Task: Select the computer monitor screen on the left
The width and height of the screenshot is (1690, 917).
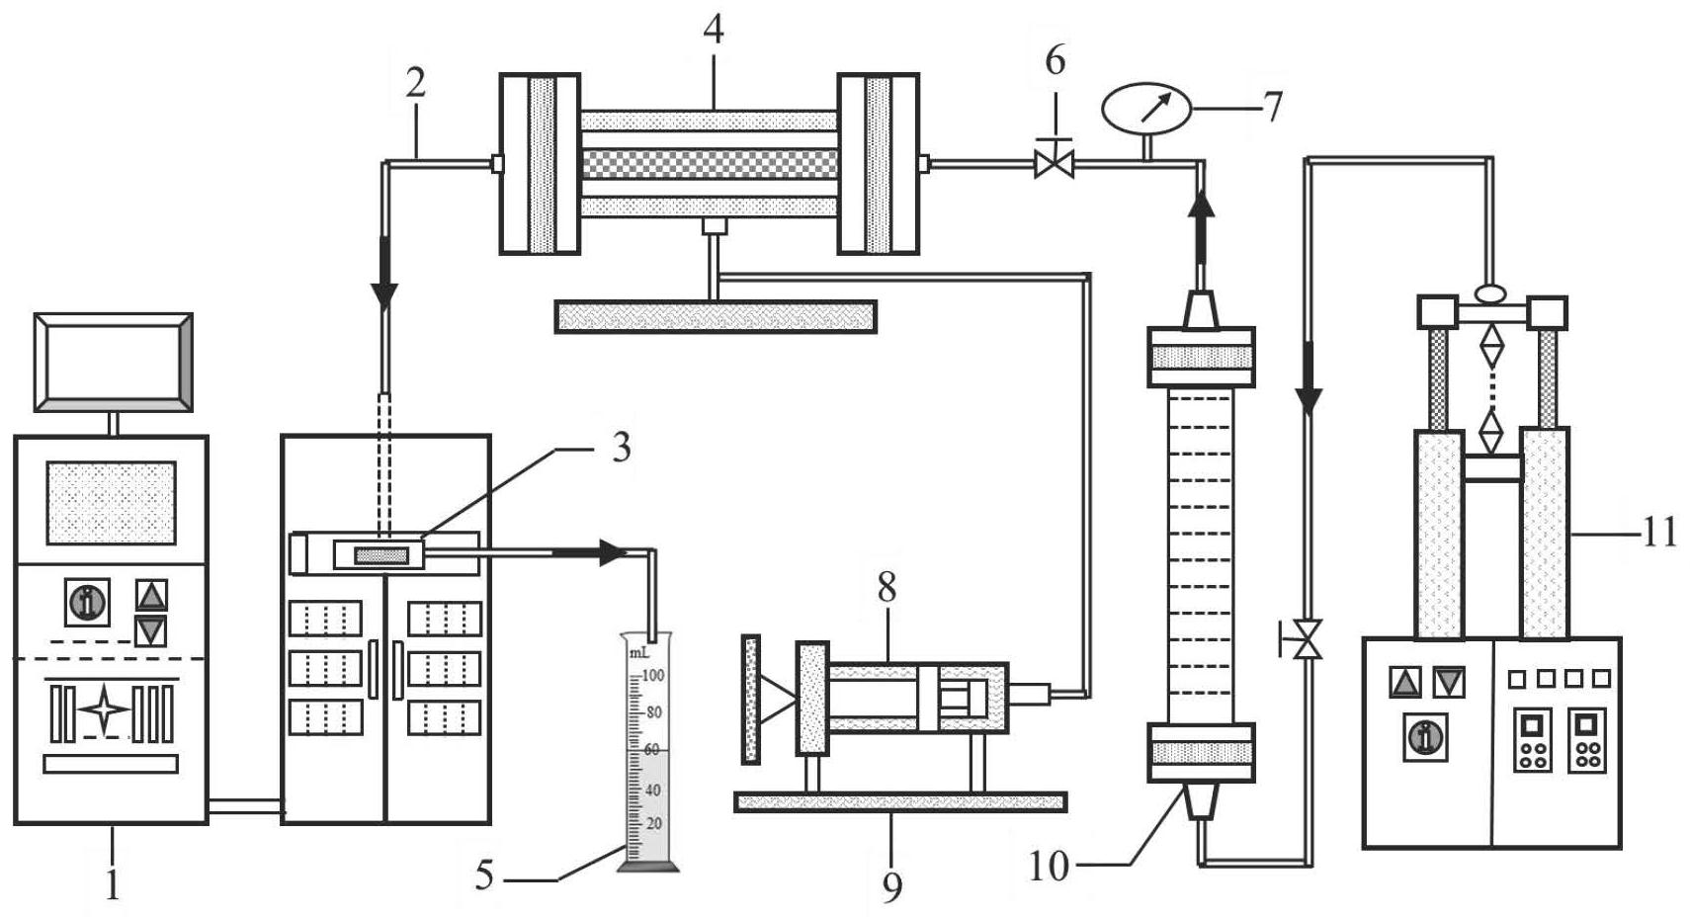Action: (x=113, y=362)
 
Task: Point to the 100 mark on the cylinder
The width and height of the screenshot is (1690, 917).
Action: (x=653, y=676)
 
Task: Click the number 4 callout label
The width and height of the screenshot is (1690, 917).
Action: (x=713, y=30)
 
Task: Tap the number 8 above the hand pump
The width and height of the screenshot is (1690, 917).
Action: (x=887, y=588)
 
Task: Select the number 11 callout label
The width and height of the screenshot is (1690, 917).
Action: (x=1659, y=534)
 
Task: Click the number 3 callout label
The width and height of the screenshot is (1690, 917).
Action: (x=620, y=448)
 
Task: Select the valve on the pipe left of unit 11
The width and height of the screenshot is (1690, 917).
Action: (x=1309, y=639)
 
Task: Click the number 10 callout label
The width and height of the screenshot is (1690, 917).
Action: (x=1049, y=867)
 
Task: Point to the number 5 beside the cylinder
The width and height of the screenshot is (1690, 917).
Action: (x=483, y=875)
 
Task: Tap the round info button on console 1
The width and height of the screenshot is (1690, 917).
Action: (x=87, y=601)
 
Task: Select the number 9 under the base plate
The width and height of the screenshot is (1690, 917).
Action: (x=891, y=887)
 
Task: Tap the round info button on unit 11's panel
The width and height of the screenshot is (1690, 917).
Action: (x=1425, y=736)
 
